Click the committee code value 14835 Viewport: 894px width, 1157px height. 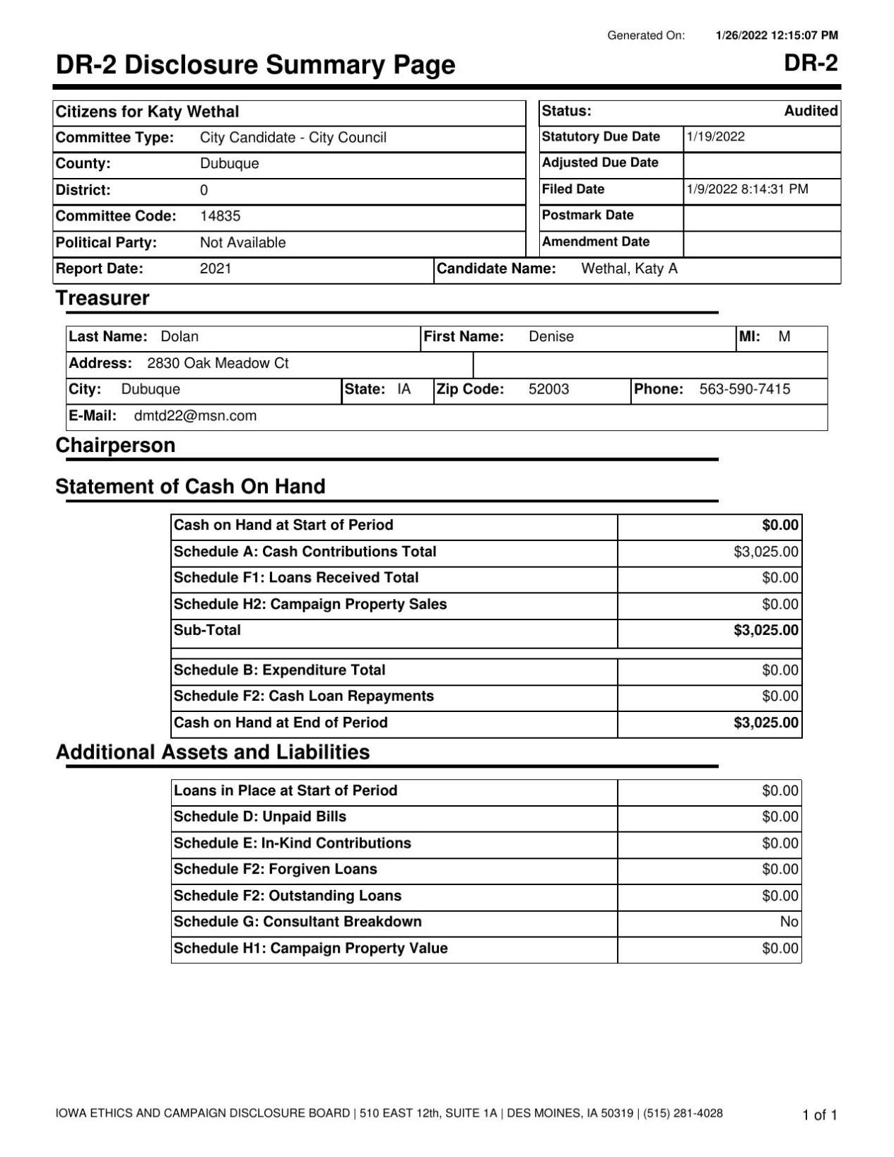(x=220, y=216)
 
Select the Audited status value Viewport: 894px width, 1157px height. (x=811, y=111)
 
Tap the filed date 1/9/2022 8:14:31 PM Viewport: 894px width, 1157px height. (x=747, y=189)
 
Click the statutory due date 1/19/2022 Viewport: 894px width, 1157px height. (x=715, y=137)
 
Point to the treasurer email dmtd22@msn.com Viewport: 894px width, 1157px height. (x=195, y=416)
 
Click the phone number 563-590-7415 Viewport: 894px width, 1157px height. (x=744, y=389)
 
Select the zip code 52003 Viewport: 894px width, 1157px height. (x=548, y=389)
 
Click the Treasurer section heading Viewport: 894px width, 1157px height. (x=102, y=298)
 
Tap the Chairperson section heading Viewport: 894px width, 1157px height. (x=115, y=446)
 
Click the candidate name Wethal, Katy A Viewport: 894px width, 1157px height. (x=629, y=269)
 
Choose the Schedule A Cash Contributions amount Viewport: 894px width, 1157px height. (x=766, y=552)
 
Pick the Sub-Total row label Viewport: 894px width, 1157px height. (x=207, y=630)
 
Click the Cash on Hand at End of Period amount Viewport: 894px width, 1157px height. (x=766, y=723)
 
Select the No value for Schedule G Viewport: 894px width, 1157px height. (x=789, y=922)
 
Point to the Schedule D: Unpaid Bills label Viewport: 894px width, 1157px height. (x=260, y=817)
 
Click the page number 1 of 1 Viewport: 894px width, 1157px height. (x=819, y=1115)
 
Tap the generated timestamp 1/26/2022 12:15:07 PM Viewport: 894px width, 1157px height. (x=777, y=35)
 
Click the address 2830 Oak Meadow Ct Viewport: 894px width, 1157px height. (x=218, y=364)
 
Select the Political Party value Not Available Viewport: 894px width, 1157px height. (x=242, y=243)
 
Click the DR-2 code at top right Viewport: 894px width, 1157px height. (x=811, y=64)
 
